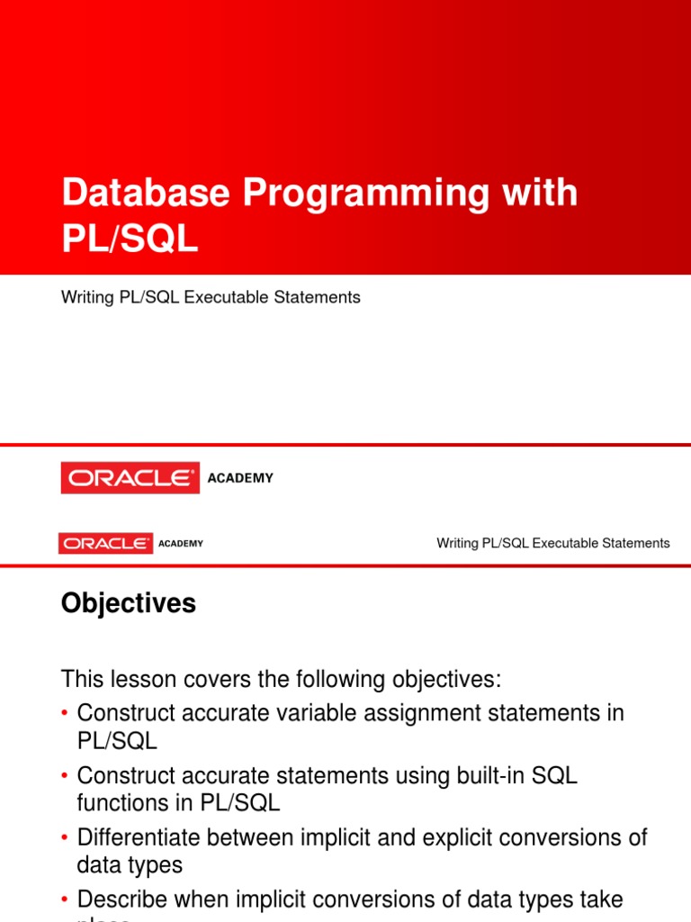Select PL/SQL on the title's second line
coord(130,240)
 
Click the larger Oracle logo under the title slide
coord(130,478)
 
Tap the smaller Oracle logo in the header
coord(106,543)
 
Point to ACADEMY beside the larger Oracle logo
coord(240,478)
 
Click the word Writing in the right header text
coord(457,543)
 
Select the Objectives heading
coord(129,604)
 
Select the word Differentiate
coord(139,837)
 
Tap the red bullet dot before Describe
coord(65,899)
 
